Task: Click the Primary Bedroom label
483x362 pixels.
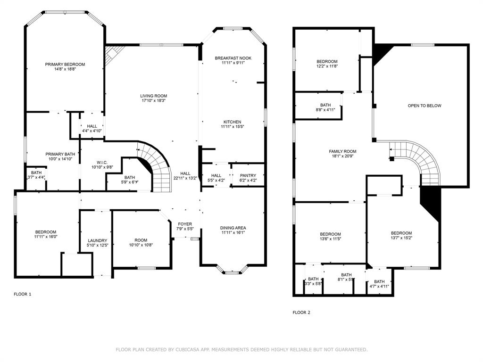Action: [65, 65]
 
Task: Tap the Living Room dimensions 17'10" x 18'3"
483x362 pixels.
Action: [154, 100]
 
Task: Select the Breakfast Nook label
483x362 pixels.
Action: [233, 58]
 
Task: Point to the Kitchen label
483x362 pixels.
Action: [232, 122]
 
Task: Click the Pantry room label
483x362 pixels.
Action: [248, 176]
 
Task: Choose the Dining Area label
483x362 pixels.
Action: [233, 228]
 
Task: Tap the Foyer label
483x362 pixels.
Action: [185, 224]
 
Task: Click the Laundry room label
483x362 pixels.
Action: [98, 240]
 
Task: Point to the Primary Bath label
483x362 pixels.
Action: [60, 154]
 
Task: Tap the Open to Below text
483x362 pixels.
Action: [425, 106]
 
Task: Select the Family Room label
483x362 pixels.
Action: [342, 151]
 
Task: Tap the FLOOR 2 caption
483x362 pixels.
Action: [301, 312]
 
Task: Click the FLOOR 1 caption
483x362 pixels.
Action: [22, 294]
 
